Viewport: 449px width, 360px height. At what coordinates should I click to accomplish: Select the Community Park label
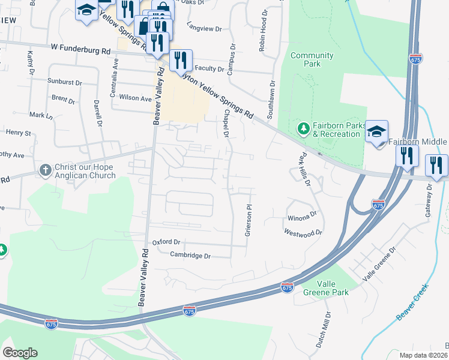[x=312, y=59]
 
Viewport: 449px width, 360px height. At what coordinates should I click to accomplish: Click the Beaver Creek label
[x=412, y=302]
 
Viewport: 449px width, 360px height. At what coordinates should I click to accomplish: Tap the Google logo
[x=20, y=353]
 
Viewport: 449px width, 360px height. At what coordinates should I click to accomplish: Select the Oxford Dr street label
[x=166, y=242]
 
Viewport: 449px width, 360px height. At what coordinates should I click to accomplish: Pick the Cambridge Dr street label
[x=190, y=256]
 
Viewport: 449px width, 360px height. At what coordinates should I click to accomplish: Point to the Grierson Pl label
[x=247, y=220]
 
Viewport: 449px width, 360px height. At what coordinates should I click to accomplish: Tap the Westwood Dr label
[x=303, y=232]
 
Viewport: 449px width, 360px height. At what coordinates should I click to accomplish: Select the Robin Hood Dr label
[x=262, y=31]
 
